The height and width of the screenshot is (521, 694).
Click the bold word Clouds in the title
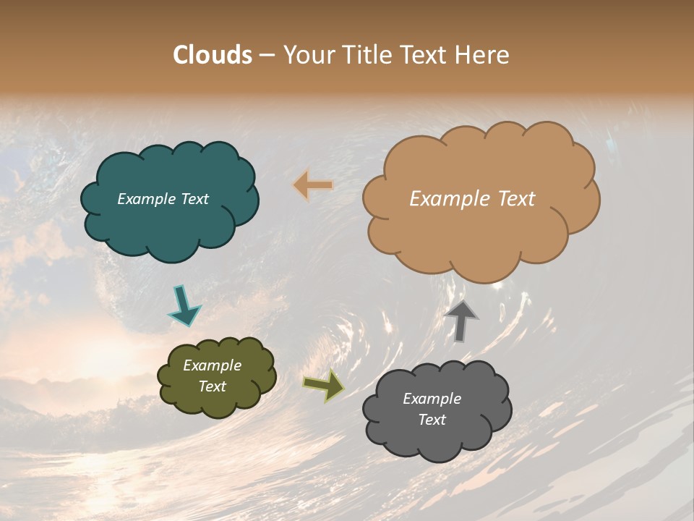point(213,55)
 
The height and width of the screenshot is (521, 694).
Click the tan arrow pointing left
point(313,185)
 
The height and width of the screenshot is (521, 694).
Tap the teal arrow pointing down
point(184,306)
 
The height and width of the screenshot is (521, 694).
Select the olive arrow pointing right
point(324,386)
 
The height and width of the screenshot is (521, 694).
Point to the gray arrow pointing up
point(461,320)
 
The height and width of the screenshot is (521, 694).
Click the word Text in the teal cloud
point(194,199)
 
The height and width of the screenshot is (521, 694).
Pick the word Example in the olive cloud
point(212,365)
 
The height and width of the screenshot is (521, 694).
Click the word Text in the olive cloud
point(212,386)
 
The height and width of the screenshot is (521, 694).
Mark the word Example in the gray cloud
point(432,399)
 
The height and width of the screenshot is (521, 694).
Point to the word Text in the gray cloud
point(432,420)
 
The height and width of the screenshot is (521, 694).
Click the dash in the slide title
point(267,56)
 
